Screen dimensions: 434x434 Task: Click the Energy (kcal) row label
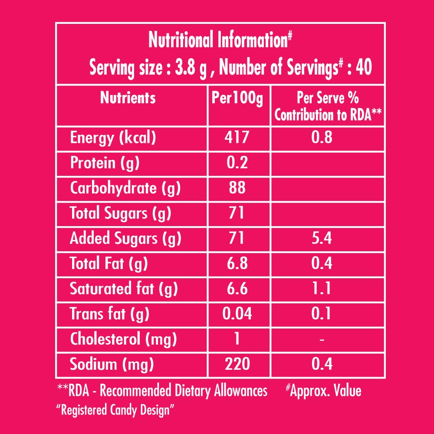(x=113, y=138)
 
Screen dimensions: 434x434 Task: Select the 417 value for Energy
(x=237, y=138)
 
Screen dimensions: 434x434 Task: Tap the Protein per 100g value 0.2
(x=237, y=163)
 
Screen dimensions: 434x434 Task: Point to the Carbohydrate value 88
(x=237, y=188)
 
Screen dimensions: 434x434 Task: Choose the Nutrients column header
(x=128, y=98)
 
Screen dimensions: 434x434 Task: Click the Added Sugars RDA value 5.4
(x=322, y=238)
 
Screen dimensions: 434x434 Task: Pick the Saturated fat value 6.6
(x=237, y=288)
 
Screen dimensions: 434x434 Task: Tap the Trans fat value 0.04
(x=237, y=313)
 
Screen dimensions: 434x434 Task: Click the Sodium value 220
(x=237, y=364)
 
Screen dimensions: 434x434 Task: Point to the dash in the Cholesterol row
(x=322, y=339)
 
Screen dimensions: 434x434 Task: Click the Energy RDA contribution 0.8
(x=322, y=138)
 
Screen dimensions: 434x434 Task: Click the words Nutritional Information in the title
(x=217, y=41)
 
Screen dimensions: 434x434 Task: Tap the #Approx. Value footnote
(x=323, y=391)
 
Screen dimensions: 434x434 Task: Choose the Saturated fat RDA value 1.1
(x=322, y=288)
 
